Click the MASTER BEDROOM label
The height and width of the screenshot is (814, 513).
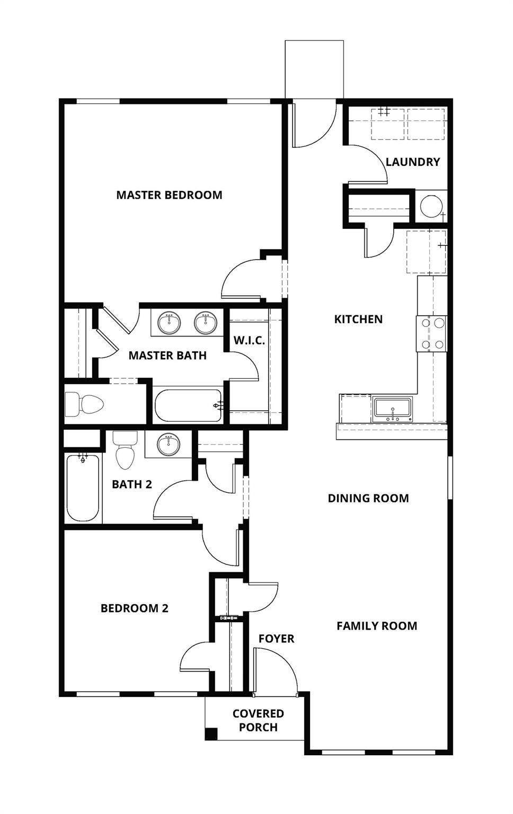[x=169, y=195]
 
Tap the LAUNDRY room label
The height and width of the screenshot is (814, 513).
[x=412, y=162]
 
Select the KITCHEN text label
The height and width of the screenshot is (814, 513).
[x=358, y=320]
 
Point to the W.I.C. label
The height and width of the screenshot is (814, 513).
[x=249, y=341]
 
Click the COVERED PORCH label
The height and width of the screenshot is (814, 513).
[x=258, y=721]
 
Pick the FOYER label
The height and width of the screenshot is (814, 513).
[x=276, y=639]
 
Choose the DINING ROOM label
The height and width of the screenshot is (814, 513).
[x=368, y=499]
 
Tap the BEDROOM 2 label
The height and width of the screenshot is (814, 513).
[x=135, y=608]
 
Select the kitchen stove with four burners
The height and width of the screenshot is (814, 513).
[x=432, y=334]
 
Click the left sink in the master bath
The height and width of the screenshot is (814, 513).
[x=169, y=323]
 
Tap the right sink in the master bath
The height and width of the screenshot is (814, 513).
[x=205, y=323]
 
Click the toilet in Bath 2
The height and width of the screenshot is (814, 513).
[x=126, y=450]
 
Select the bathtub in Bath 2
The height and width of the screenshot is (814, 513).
[x=83, y=488]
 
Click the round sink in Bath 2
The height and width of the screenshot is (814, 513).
[x=169, y=444]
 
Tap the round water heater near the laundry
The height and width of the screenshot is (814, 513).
[x=431, y=206]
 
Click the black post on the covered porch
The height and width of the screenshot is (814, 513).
[x=211, y=734]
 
